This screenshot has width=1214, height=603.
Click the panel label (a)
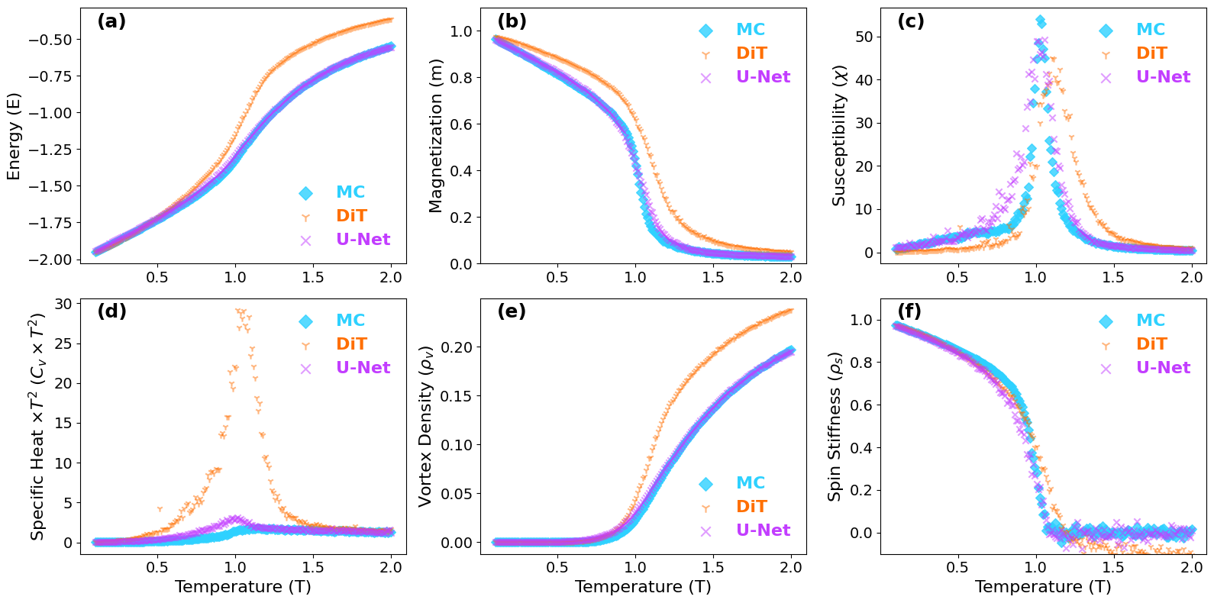point(111,21)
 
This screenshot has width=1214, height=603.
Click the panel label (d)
point(111,311)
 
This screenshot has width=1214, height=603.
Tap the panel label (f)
point(909,311)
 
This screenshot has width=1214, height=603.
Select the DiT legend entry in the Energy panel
point(351,216)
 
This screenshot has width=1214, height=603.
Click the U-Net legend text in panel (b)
point(763,77)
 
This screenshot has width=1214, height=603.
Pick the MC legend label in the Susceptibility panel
point(1150,30)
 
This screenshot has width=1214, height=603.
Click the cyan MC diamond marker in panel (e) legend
point(705,484)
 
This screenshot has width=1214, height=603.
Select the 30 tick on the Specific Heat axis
point(63,304)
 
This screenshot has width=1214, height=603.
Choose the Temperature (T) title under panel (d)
point(243,587)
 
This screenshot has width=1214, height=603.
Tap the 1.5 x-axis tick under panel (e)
point(713,567)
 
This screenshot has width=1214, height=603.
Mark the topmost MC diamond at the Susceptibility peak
point(1041,21)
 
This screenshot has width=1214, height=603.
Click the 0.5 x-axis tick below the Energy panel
point(157,277)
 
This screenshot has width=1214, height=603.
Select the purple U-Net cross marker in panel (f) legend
point(1106,369)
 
